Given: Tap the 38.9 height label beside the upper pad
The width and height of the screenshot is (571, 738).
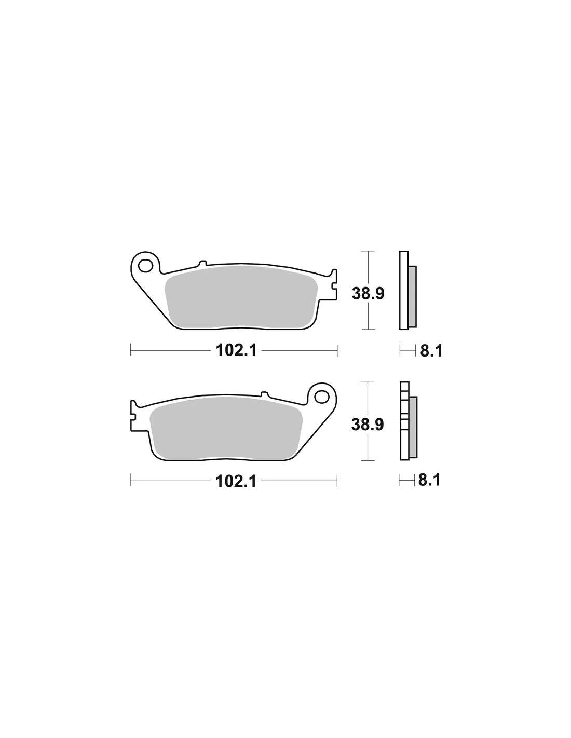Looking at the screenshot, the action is [368, 294].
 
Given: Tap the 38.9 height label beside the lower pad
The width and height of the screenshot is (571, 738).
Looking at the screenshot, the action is [368, 425].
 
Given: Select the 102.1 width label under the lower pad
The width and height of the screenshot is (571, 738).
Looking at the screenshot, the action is [236, 481].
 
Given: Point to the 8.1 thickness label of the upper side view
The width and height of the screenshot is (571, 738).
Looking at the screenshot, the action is [431, 351].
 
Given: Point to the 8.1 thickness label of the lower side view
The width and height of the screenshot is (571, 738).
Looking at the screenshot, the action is [429, 480].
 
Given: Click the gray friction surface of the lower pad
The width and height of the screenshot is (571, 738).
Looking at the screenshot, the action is [226, 428].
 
